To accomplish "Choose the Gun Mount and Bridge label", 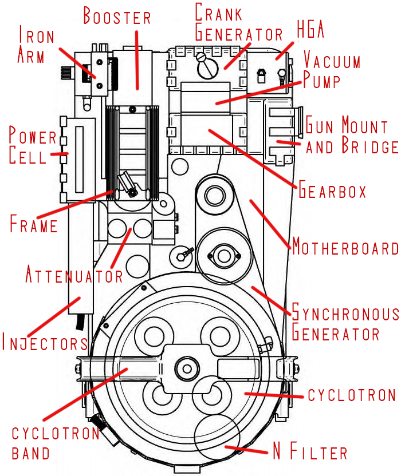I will click(351, 135).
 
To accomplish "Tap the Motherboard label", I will click(345, 248).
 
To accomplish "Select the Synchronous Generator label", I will click(345, 323).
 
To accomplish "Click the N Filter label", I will click(309, 453).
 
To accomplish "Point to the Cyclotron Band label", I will click(56, 443).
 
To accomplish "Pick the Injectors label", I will click(45, 343).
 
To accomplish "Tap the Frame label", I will click(34, 224).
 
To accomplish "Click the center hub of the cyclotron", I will click(185, 365).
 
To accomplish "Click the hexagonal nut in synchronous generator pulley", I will click(223, 253).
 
